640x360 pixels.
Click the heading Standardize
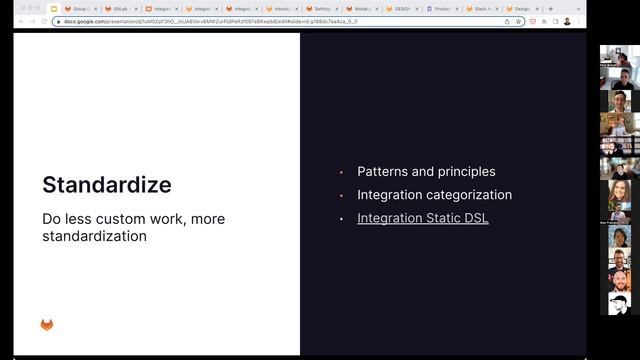pyautogui.click(x=106, y=185)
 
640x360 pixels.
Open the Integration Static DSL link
pyautogui.click(x=423, y=218)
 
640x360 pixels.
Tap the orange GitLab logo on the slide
pyautogui.click(x=47, y=324)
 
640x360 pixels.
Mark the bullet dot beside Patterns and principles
pyautogui.click(x=341, y=172)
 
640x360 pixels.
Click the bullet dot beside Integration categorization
pyautogui.click(x=341, y=195)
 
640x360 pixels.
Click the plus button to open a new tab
pyautogui.click(x=550, y=9)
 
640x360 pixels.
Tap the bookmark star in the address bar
pyautogui.click(x=520, y=20)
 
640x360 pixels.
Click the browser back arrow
pyautogui.click(x=21, y=20)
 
